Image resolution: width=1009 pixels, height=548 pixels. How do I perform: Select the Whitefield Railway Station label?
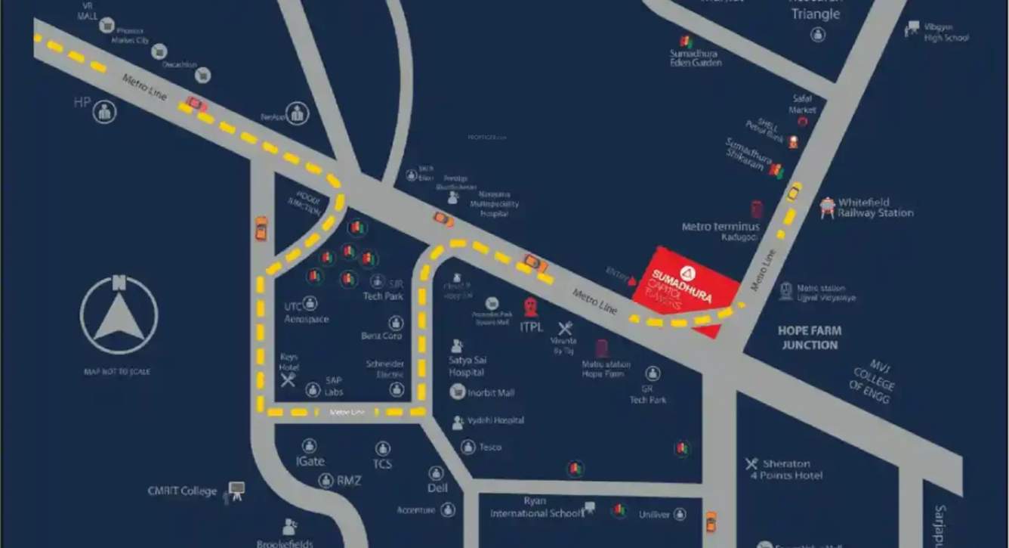pyautogui.click(x=875, y=208)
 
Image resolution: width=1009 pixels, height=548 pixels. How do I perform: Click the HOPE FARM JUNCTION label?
pyautogui.click(x=810, y=338)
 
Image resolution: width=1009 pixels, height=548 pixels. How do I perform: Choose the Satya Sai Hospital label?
pyautogui.click(x=467, y=366)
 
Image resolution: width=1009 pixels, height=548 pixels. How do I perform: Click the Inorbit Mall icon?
pyautogui.click(x=457, y=392)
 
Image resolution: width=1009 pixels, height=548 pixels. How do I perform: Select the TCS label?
pyautogui.click(x=382, y=463)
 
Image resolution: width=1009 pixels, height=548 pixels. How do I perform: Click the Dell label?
pyautogui.click(x=437, y=488)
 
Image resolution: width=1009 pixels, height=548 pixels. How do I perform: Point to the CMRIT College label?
pyautogui.click(x=182, y=491)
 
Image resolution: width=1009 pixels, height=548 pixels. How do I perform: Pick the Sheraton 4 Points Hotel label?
pyautogui.click(x=786, y=469)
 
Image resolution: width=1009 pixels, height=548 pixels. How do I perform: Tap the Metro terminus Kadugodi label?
pyautogui.click(x=720, y=231)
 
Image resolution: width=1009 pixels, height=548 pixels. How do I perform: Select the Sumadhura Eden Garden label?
pyautogui.click(x=695, y=58)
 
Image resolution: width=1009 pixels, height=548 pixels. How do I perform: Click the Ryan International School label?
pyautogui.click(x=535, y=507)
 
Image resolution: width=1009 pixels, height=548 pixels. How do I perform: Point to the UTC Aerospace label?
pyautogui.click(x=306, y=313)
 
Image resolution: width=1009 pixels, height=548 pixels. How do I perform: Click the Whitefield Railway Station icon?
pyautogui.click(x=827, y=207)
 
